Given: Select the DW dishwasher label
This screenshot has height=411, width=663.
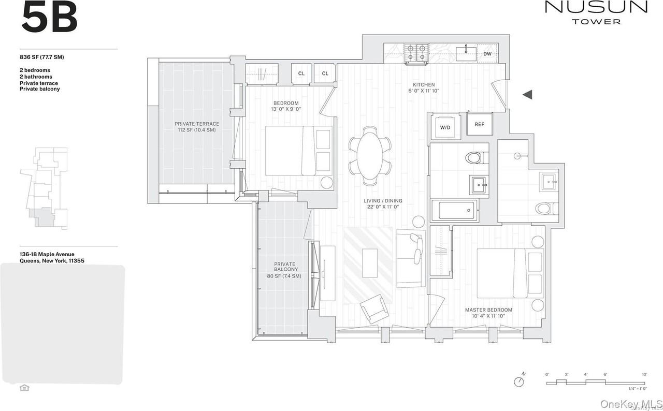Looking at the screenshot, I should click(x=487, y=54).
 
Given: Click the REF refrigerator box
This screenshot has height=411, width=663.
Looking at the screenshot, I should click(x=479, y=125).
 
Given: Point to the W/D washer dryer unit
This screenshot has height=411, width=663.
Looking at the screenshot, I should click(x=445, y=126).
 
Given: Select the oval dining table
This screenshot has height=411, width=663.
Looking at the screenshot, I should click(x=370, y=155).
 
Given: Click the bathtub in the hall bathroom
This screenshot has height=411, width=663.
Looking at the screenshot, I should click(x=455, y=211).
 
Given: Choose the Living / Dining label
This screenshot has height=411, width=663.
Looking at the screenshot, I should click(x=382, y=204).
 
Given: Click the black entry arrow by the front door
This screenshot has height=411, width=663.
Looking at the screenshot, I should click(x=527, y=94).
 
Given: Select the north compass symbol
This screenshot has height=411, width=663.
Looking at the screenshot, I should click(x=518, y=381).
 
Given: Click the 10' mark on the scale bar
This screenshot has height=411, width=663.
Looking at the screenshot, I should click(x=644, y=374).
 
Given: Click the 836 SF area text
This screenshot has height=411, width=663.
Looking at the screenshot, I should click(x=42, y=57).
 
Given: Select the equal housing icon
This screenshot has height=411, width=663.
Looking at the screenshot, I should click(x=24, y=388).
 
